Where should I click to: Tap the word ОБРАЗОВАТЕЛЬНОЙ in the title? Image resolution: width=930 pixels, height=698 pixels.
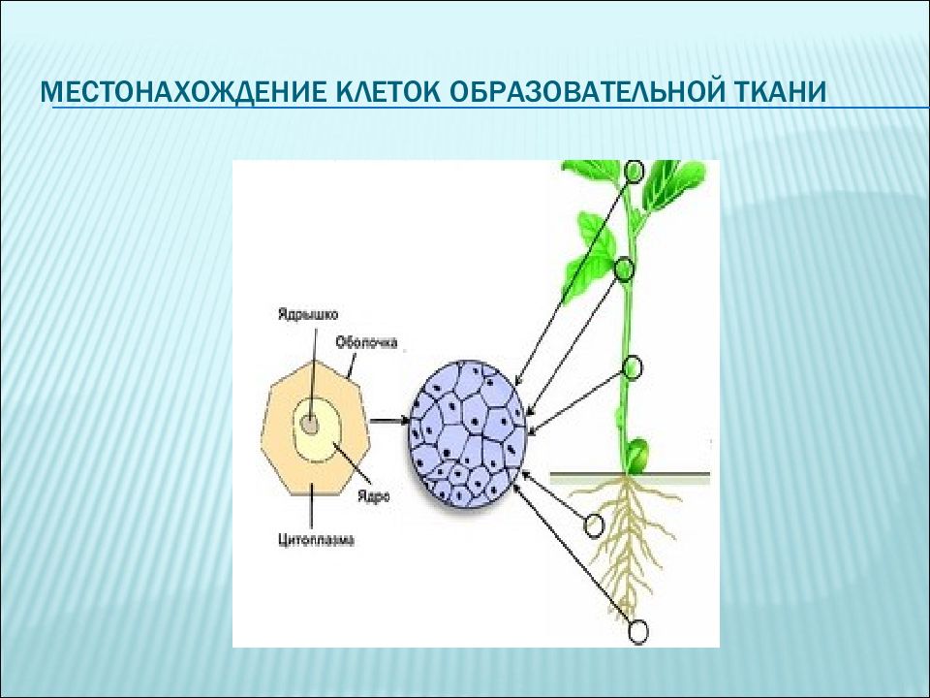(580, 94)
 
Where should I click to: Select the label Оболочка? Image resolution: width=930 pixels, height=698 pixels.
(365, 341)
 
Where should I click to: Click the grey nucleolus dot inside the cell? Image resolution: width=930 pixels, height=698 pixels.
(309, 424)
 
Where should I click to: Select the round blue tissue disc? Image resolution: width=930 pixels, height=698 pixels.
(468, 433)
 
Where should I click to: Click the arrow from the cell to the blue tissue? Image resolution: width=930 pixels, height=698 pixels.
(388, 420)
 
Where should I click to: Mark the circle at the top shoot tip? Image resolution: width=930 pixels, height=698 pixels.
(635, 172)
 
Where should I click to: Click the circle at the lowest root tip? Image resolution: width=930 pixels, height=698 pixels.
(637, 632)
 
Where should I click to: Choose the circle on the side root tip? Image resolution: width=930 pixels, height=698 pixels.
(594, 524)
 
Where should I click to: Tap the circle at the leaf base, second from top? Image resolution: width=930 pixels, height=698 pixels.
(625, 269)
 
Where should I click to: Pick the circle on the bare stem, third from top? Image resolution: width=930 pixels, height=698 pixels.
(633, 366)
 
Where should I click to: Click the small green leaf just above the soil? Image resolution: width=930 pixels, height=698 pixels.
(635, 453)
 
